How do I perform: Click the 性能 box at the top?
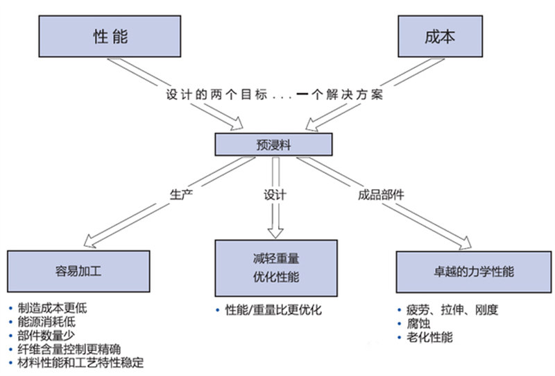pyautogui.click(x=110, y=36)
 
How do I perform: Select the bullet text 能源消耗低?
pyautogui.click(x=46, y=321)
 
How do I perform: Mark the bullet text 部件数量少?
pyautogui.click(x=46, y=335)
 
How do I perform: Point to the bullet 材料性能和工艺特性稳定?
pyautogui.click(x=76, y=363)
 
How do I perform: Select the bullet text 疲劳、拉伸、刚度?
pyautogui.click(x=451, y=310)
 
